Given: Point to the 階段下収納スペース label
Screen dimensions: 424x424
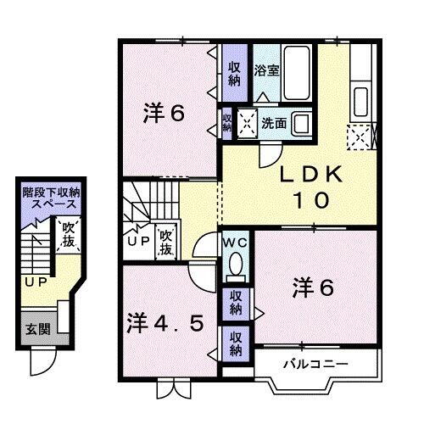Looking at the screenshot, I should tap(50, 198).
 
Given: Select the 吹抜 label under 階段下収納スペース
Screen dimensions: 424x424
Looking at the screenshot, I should tap(68, 235).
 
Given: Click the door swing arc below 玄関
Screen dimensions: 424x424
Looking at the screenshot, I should tap(41, 363).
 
